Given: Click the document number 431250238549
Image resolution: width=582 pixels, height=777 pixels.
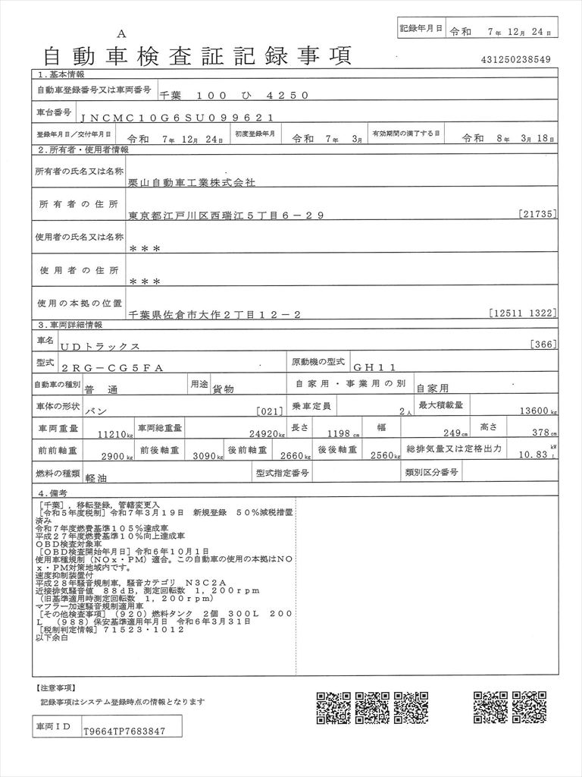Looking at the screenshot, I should click(515, 59).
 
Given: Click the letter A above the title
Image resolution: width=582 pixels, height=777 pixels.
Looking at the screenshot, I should click(121, 33).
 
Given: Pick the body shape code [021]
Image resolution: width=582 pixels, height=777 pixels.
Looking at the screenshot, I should click(269, 411).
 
